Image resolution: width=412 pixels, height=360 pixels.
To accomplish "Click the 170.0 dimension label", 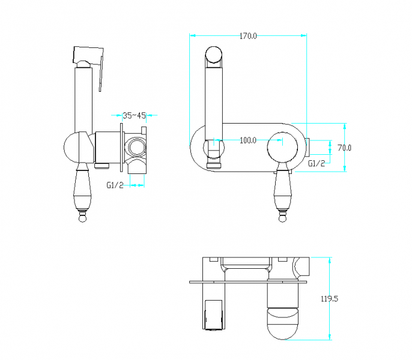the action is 248,36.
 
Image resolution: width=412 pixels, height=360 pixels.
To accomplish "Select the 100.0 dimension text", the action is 248,140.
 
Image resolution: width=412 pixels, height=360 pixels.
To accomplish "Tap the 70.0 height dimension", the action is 345,148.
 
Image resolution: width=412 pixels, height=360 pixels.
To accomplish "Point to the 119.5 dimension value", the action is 330,299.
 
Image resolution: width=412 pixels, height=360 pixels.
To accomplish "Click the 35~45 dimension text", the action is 135,116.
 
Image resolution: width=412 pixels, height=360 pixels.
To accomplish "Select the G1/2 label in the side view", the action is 115,185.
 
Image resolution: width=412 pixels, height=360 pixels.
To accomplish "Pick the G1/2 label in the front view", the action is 317,164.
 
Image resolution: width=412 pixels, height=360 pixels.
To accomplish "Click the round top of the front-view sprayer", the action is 213,55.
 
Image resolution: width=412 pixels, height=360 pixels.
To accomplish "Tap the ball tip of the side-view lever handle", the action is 82,218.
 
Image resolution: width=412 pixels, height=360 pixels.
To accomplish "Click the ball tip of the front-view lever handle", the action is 282,218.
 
